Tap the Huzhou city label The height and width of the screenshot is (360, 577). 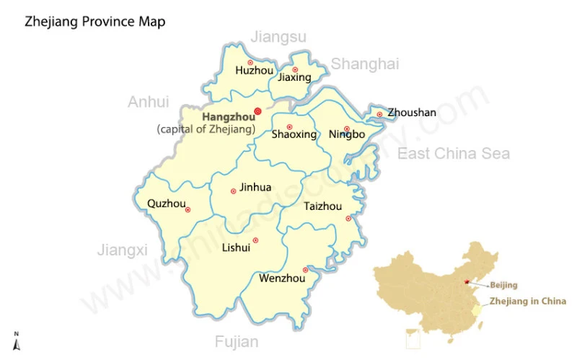pyautogui.click(x=255, y=71)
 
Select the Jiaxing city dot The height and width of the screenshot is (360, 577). pyautogui.click(x=294, y=69)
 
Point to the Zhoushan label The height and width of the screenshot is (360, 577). pyautogui.click(x=412, y=113)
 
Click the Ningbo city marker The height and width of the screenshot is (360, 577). pyautogui.click(x=347, y=128)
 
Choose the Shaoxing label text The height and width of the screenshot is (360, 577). pyautogui.click(x=294, y=134)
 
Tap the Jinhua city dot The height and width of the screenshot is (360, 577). pyautogui.click(x=233, y=191)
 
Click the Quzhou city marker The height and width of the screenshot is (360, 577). pyautogui.click(x=188, y=210)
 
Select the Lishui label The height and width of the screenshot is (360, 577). pyautogui.click(x=236, y=247)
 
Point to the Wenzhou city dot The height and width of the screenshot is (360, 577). pyautogui.click(x=305, y=270)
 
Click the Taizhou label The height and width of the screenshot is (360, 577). pyautogui.click(x=322, y=206)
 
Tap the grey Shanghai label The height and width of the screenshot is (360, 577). pyautogui.click(x=365, y=64)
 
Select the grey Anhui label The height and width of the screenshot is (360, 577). pyautogui.click(x=148, y=102)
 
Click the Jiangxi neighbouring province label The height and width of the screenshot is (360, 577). pyautogui.click(x=122, y=250)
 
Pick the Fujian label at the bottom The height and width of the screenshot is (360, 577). pyautogui.click(x=236, y=342)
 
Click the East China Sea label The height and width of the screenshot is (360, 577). pyautogui.click(x=454, y=153)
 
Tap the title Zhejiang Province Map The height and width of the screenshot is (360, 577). pyautogui.click(x=95, y=22)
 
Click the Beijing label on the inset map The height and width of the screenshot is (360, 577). pyautogui.click(x=504, y=285)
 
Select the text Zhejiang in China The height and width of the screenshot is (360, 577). pyautogui.click(x=528, y=302)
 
